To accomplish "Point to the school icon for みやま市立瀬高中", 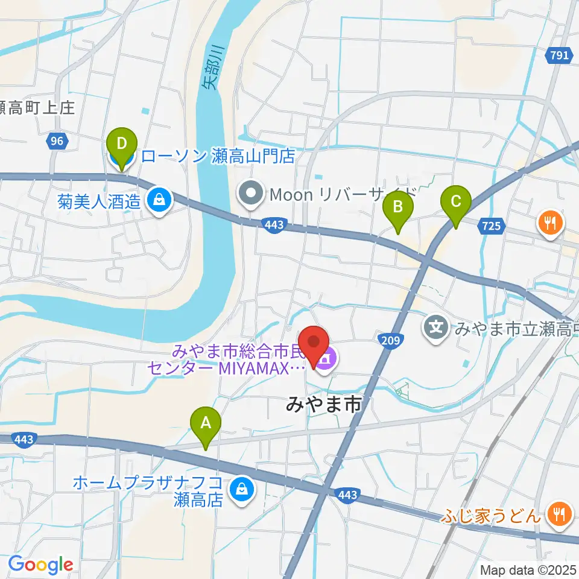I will tap(436, 328).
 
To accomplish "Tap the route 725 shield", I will tap(492, 226).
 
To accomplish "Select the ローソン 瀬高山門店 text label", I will tap(218, 157).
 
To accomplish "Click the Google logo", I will tap(40, 565).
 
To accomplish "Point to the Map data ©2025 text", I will tap(528, 569).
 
